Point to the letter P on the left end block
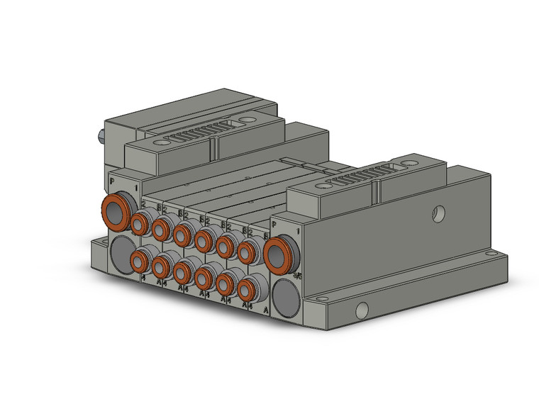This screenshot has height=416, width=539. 112,181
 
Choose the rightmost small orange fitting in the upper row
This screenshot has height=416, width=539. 248,251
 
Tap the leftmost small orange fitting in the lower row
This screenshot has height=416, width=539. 141,263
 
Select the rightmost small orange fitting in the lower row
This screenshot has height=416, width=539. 248,289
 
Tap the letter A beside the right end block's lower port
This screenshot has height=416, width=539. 265,310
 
